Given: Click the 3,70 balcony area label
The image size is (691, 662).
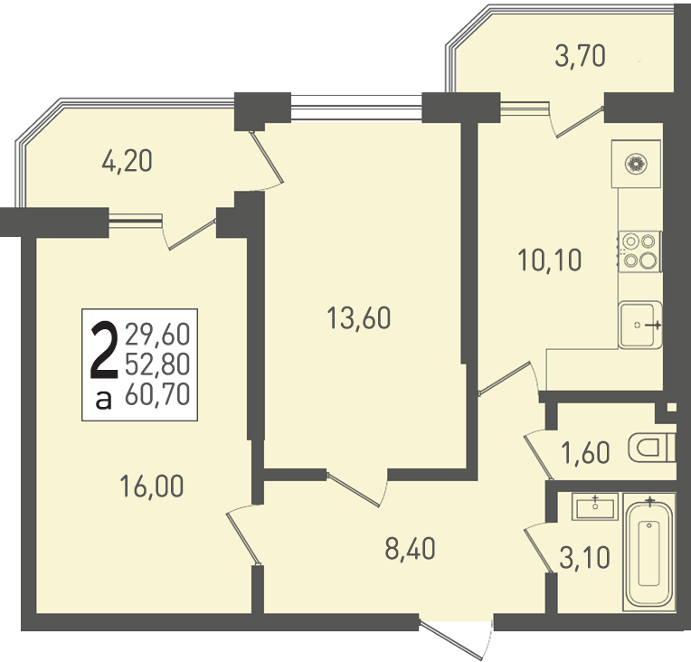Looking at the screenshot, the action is [580, 57].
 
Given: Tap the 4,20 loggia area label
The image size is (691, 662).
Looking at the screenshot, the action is [127, 161].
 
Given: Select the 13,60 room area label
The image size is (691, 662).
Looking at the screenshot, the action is [359, 318].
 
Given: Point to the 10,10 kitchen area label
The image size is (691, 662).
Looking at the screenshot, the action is [550, 260].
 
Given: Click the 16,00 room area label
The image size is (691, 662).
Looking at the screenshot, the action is [152, 487].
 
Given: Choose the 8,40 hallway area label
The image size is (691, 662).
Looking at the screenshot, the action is [410, 549].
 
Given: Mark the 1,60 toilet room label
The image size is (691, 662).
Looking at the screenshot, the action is [585, 453].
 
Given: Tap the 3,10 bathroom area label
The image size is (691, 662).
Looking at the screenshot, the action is [584, 557].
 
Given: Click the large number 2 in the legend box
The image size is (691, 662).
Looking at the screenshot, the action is [104, 350].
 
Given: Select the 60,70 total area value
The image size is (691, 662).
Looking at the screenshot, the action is [157, 393].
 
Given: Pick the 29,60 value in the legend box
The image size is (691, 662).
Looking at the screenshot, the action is [157, 334].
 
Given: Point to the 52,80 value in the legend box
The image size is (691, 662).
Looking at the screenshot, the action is [157, 364].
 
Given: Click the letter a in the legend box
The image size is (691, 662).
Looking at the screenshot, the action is [104, 400].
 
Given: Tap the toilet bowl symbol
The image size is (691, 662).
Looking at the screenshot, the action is [652, 448].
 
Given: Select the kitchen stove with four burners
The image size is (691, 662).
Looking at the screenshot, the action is [639, 251].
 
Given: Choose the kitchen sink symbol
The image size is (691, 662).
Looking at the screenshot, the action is [639, 326].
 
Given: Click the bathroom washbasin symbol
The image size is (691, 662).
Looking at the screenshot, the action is [595, 506].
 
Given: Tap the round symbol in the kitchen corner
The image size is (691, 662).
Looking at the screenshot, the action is [636, 165].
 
